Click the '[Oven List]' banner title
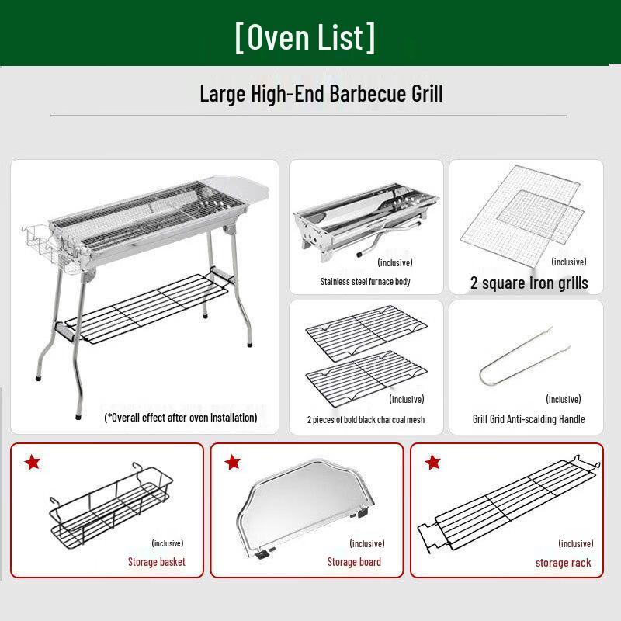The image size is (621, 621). [305, 37]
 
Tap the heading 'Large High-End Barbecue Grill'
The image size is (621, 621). [321, 95]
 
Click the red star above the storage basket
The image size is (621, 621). [32, 463]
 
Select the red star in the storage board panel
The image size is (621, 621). [232, 463]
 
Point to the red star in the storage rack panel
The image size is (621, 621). [432, 463]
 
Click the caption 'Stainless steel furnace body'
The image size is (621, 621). [365, 282]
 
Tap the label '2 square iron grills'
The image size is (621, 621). [529, 283]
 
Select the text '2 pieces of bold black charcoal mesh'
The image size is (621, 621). [366, 420]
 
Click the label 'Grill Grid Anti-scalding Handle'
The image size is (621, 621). [529, 419]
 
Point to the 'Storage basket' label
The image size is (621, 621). [156, 562]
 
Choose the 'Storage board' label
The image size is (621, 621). [354, 562]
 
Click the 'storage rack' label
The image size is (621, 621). [563, 563]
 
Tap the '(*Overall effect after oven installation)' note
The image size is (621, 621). [181, 418]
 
